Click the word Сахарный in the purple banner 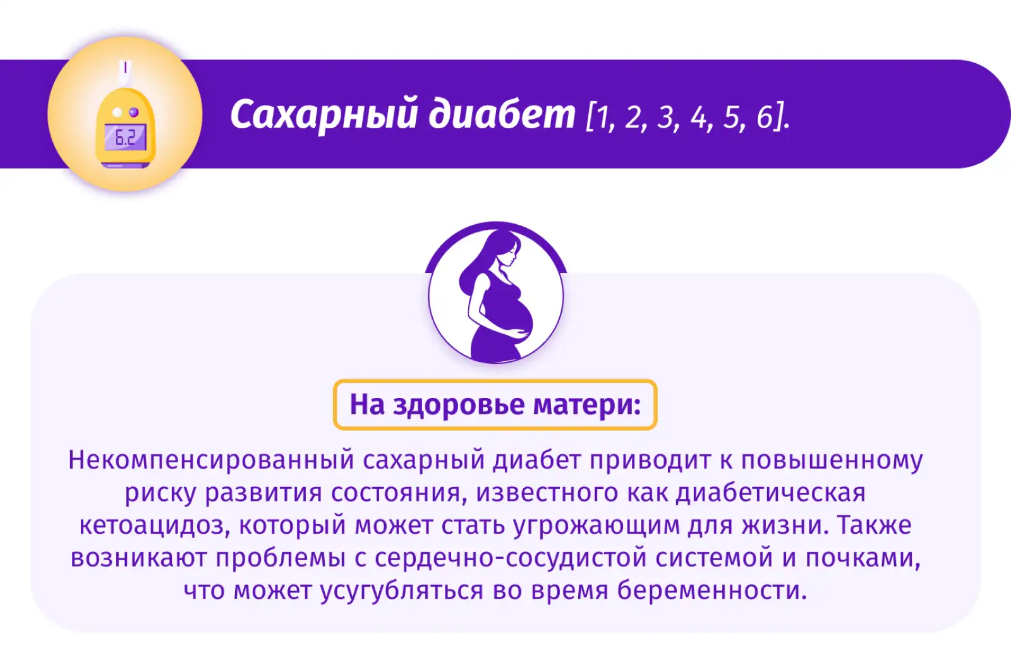tap(324, 116)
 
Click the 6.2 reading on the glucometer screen tap(125, 138)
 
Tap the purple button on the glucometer tap(133, 112)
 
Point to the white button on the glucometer tap(118, 112)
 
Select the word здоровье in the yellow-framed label tap(459, 405)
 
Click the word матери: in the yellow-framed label tap(587, 405)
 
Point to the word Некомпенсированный tap(211, 460)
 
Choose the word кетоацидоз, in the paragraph tap(155, 526)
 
